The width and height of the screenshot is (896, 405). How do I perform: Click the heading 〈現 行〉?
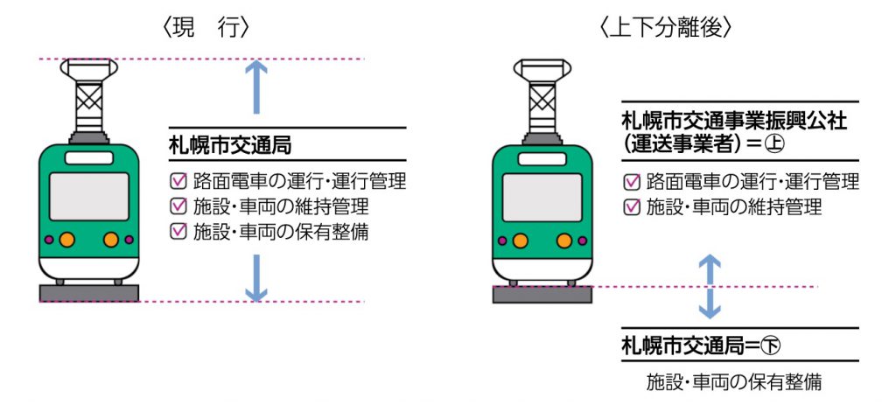(x=206, y=28)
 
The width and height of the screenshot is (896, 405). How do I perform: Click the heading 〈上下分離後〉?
(x=666, y=28)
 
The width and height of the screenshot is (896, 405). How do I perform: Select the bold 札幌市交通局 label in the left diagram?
(x=230, y=145)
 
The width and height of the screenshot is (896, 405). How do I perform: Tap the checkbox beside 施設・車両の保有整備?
(x=178, y=230)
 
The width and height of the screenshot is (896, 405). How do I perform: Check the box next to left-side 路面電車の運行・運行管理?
(x=178, y=181)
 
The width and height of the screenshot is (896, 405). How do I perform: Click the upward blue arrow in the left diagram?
(x=256, y=87)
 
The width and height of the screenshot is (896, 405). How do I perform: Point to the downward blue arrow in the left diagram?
(x=256, y=277)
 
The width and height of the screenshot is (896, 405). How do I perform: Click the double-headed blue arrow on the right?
(x=710, y=287)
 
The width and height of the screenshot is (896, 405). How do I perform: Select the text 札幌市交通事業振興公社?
(x=734, y=121)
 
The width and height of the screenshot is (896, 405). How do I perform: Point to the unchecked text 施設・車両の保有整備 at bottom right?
(x=734, y=381)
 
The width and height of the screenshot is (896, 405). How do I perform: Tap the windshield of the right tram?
(x=542, y=197)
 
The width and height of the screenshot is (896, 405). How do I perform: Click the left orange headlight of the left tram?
(x=66, y=240)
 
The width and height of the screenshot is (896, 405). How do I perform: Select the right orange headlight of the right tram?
(x=564, y=241)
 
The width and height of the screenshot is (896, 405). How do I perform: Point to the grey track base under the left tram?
(x=89, y=293)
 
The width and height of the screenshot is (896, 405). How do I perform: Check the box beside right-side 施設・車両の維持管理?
(x=632, y=206)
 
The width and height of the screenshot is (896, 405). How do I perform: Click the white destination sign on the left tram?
(x=89, y=158)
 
